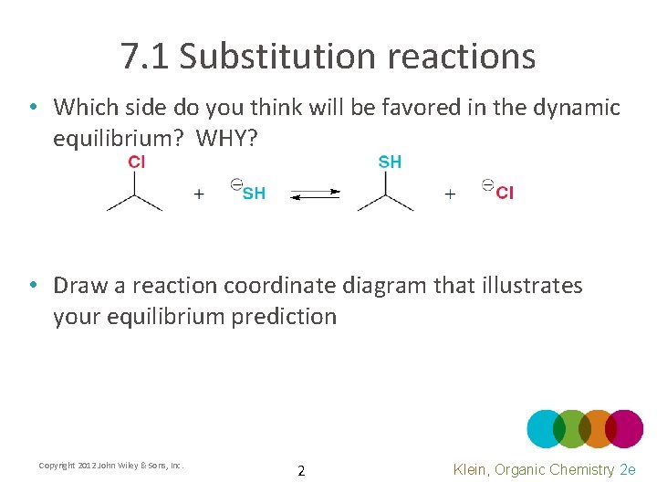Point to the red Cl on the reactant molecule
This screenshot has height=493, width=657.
coord(136,163)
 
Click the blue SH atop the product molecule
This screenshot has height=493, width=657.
coord(390,163)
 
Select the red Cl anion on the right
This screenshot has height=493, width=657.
coord(505,193)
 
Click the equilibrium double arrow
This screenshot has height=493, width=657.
coord(315,194)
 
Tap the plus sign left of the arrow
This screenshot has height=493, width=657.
coord(199,194)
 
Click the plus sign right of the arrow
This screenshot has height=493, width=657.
coord(450,194)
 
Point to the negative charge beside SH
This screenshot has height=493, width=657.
coord(235,185)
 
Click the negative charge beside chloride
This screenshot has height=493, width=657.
coord(487,185)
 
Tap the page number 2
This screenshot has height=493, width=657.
coord(302,471)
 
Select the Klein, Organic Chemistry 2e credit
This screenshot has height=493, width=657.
coord(544,469)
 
